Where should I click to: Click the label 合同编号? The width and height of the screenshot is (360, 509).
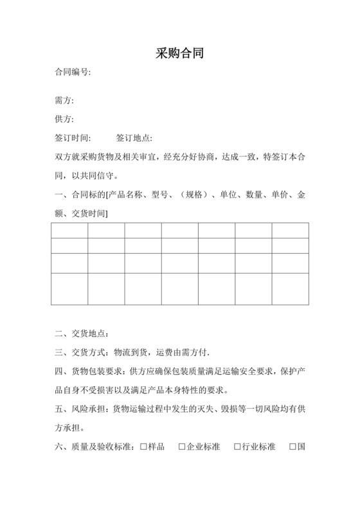click(x=73, y=72)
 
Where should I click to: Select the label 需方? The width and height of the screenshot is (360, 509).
click(x=65, y=101)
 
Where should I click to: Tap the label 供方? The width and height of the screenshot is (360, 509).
click(x=65, y=120)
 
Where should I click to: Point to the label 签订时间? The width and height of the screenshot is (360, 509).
click(x=73, y=138)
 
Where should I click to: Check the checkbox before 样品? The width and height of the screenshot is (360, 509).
click(x=143, y=447)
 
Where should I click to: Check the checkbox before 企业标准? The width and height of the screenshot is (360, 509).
click(x=182, y=447)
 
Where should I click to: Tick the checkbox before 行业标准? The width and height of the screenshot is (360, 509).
click(x=237, y=447)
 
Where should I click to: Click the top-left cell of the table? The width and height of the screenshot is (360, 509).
click(x=69, y=230)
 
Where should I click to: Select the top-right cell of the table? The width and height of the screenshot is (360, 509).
click(x=290, y=230)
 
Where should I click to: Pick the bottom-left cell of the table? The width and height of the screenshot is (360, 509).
click(x=69, y=289)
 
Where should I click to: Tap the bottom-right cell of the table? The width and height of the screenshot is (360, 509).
click(x=290, y=289)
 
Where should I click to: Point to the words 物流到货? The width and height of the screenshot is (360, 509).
click(x=130, y=352)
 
